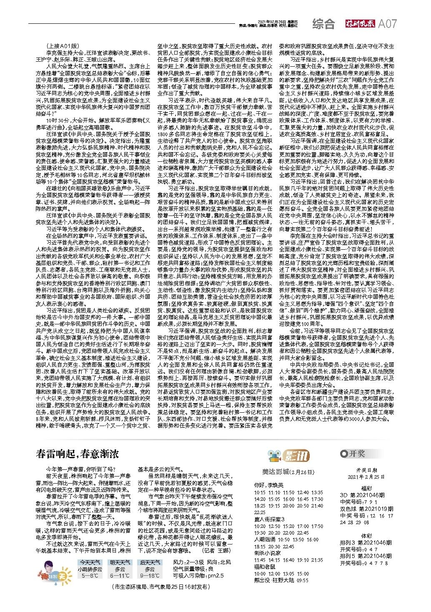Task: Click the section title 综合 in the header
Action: tap(323, 24)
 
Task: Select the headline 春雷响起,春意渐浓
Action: tap(78, 454)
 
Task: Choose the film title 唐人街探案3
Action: tap(269, 519)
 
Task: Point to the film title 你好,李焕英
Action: tap(268, 485)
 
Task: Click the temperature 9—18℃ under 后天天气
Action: tap(150, 575)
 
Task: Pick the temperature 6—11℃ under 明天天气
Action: tap(120, 575)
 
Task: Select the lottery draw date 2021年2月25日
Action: tap(366, 477)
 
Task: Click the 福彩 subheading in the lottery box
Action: tap(366, 488)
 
